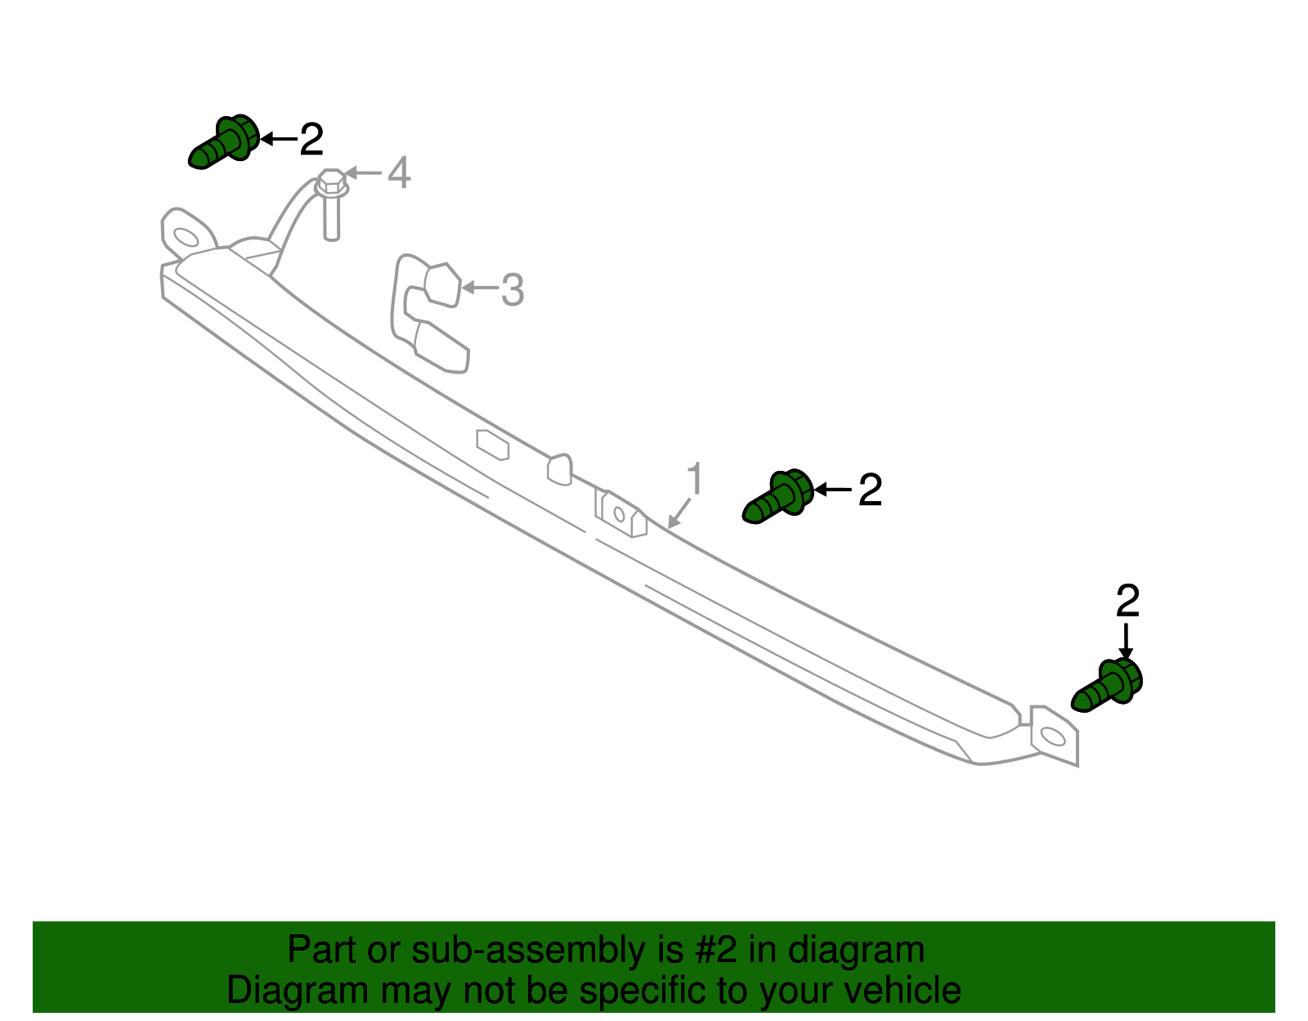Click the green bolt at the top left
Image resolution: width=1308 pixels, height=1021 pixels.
click(223, 143)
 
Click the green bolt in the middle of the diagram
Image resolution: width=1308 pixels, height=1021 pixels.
click(777, 495)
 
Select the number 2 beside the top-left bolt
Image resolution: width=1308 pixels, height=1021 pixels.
click(311, 140)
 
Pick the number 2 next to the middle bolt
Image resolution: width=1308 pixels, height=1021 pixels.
click(870, 490)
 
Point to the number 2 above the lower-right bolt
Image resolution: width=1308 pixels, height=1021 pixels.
click(1127, 602)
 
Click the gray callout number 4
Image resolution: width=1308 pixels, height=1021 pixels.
click(398, 173)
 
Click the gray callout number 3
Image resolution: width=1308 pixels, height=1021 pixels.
click(512, 290)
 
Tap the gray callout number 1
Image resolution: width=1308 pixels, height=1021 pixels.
click(694, 479)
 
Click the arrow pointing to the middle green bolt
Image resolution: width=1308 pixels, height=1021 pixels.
click(832, 489)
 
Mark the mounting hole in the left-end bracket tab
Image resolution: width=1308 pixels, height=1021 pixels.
click(186, 237)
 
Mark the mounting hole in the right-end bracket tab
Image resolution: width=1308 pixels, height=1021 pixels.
click(1053, 737)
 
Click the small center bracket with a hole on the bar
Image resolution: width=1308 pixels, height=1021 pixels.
click(620, 514)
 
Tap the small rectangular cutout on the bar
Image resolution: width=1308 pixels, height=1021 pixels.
click(493, 445)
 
